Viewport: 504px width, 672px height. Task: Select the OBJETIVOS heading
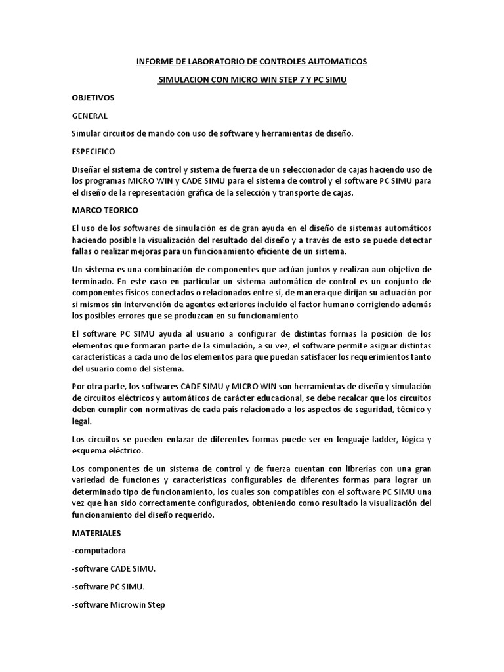tap(93, 98)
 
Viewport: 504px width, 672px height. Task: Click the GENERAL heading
tap(89, 115)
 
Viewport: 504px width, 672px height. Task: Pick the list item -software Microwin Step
tap(118, 604)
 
